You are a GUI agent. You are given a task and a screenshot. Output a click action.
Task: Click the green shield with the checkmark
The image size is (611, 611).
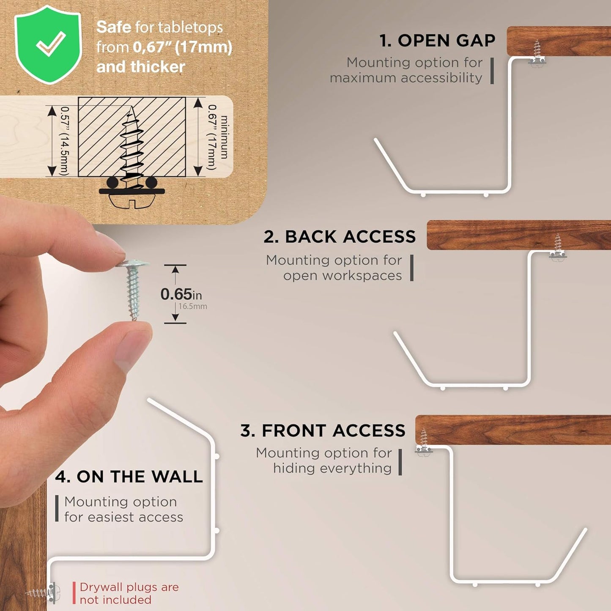coord(48,44)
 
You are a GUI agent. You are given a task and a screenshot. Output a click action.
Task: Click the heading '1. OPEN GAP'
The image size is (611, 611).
coord(437,41)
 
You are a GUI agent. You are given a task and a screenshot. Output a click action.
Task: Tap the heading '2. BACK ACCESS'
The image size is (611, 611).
coord(340,236)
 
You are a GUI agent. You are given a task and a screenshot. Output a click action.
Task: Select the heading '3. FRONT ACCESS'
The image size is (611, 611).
coord(323,430)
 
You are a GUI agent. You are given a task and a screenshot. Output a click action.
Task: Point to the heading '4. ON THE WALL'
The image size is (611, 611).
coord(129,477)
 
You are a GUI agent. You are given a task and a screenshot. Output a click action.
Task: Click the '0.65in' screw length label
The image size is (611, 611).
coord(181,294)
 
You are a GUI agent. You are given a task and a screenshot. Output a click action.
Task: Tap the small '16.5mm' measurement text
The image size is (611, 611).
coord(193,306)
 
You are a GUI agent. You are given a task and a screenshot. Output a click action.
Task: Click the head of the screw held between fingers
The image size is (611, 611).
coord(132,263)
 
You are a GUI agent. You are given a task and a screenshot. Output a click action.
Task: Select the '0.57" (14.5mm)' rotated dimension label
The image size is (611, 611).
coord(64,141)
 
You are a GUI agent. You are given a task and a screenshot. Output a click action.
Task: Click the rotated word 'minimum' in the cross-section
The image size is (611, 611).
coord(224,137)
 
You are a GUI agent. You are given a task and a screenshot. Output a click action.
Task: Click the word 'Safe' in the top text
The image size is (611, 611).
coord(113,27)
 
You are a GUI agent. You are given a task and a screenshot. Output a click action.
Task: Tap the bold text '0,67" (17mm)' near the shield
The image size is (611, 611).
coord(182,47)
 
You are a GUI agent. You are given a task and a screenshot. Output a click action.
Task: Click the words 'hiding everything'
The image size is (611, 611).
coord(332,469)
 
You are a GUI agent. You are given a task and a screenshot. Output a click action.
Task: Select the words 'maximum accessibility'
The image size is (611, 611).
coord(406,78)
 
